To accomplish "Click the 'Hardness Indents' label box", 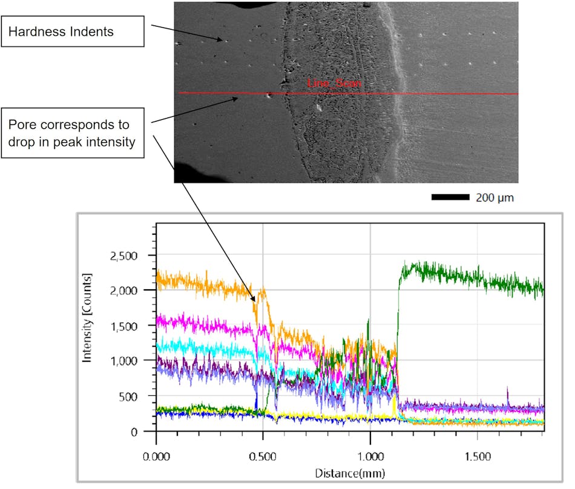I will (x=73, y=31).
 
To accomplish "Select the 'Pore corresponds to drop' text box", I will (x=73, y=133).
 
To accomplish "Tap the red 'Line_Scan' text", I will (x=334, y=84).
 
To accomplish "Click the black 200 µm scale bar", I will (x=450, y=197).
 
